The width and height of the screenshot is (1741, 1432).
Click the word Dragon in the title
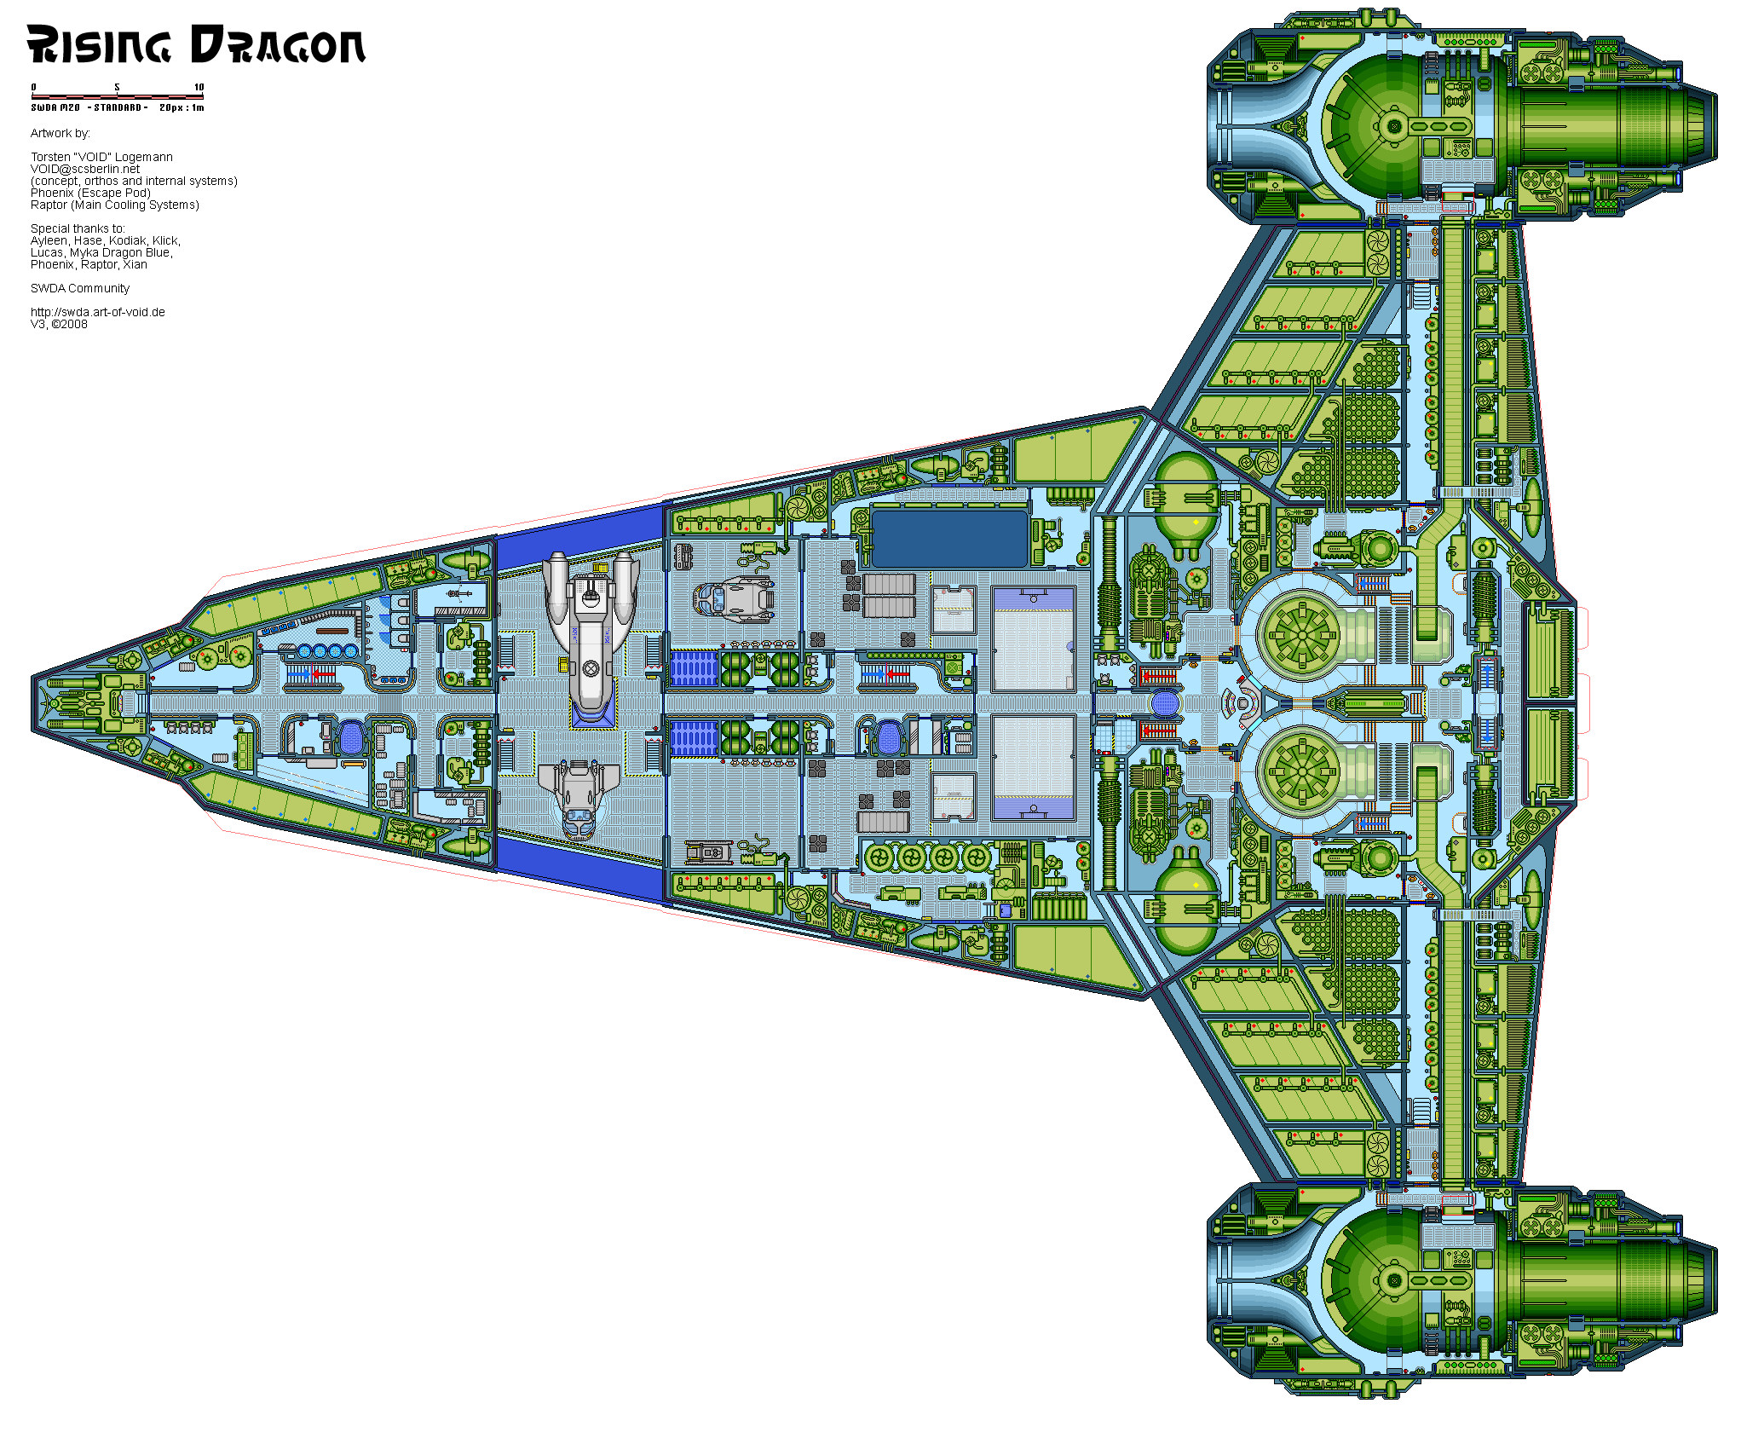pyautogui.click(x=279, y=45)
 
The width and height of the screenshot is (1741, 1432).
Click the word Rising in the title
pyautogui.click(x=98, y=45)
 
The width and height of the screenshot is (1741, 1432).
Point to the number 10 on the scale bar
pyautogui.click(x=199, y=87)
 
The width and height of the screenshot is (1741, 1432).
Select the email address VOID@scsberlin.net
pyautogui.click(x=85, y=169)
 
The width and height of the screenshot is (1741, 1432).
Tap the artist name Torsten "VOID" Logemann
pyautogui.click(x=101, y=157)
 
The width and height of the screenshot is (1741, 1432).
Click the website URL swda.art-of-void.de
pyautogui.click(x=98, y=312)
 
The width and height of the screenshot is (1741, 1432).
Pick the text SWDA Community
pyautogui.click(x=80, y=288)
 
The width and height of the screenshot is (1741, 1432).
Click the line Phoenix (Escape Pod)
pyautogui.click(x=90, y=193)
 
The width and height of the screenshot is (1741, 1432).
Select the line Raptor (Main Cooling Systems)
pyautogui.click(x=115, y=205)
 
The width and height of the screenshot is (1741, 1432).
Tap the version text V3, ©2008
pyautogui.click(x=59, y=324)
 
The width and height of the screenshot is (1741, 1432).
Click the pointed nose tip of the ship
pyautogui.click(x=36, y=704)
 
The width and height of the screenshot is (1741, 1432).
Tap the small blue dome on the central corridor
pyautogui.click(x=1164, y=703)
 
